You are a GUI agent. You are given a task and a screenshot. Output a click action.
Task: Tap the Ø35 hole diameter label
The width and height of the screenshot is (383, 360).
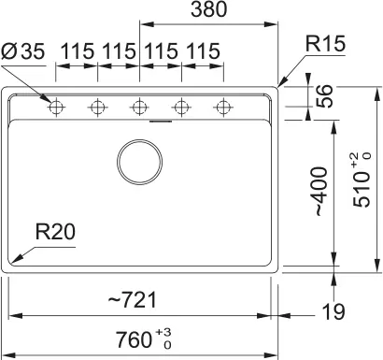23,52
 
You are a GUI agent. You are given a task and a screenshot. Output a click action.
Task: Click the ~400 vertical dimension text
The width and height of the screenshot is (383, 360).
320,192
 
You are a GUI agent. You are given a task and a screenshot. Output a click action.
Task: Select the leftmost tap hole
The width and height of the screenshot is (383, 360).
56,108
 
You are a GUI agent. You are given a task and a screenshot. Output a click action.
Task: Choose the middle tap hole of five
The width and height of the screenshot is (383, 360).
138,108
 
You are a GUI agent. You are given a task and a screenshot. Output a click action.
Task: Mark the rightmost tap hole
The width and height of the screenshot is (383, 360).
221,108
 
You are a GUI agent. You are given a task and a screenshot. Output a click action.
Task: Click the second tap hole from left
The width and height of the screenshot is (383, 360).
97,108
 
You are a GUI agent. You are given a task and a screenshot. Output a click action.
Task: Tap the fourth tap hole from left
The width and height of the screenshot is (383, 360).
180,108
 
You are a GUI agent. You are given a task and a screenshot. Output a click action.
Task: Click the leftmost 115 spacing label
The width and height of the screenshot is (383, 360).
77,52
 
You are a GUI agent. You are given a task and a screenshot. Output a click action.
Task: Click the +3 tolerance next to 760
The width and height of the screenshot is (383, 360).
163,331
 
